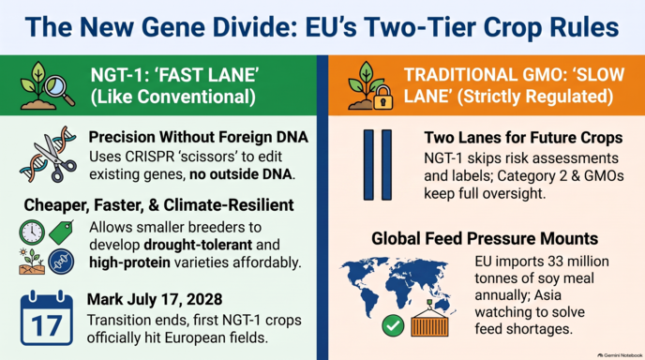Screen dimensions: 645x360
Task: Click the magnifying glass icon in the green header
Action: point(60,91)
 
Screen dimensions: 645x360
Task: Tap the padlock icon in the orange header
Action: point(382,97)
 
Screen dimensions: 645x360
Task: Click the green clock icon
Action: point(32,232)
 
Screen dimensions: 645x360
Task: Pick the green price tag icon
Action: point(61,232)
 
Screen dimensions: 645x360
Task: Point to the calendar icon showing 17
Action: point(47,318)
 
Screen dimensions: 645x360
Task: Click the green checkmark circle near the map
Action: point(393,325)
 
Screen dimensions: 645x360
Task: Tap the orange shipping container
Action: point(430,322)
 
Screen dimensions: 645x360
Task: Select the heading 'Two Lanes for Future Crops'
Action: point(523,138)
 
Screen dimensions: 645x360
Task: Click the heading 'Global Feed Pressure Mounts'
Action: point(485,239)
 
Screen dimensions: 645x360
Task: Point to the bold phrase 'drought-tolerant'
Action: point(198,245)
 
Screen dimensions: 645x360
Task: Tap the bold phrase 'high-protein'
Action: point(129,262)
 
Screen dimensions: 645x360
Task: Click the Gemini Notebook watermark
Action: point(620,355)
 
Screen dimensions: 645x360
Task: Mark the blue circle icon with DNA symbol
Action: point(61,262)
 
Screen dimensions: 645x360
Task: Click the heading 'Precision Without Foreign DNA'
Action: point(198,137)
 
